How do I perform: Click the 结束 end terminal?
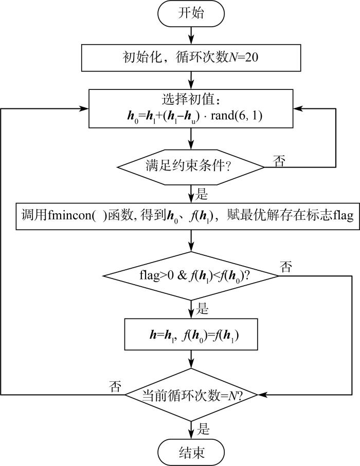[191, 452]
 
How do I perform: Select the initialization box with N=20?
[191, 58]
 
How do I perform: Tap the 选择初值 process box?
[191, 108]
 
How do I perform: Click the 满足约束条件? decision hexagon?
[191, 167]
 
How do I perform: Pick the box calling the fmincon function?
[188, 216]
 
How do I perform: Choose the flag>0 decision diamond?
[191, 276]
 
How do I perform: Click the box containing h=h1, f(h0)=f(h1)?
[191, 334]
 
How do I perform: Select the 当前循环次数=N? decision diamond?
[191, 395]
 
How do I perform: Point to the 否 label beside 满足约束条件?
[279, 161]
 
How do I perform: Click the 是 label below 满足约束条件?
[201, 194]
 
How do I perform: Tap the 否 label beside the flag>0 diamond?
[286, 267]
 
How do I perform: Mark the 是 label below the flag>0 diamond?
[202, 309]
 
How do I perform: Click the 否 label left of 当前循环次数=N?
[115, 386]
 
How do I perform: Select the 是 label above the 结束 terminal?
[203, 429]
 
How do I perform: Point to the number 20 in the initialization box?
[251, 57]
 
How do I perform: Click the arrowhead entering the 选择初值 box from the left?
[84, 109]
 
